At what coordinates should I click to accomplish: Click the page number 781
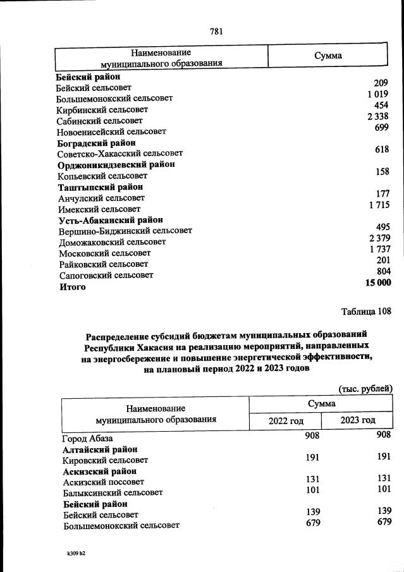click(x=216, y=30)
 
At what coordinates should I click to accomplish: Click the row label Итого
click(x=73, y=287)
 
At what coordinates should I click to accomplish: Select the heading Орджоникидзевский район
click(x=116, y=165)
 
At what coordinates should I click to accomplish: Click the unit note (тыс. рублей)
click(x=366, y=388)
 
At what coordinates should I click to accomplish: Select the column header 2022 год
click(x=286, y=420)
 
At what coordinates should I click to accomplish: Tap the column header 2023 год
click(x=358, y=420)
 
